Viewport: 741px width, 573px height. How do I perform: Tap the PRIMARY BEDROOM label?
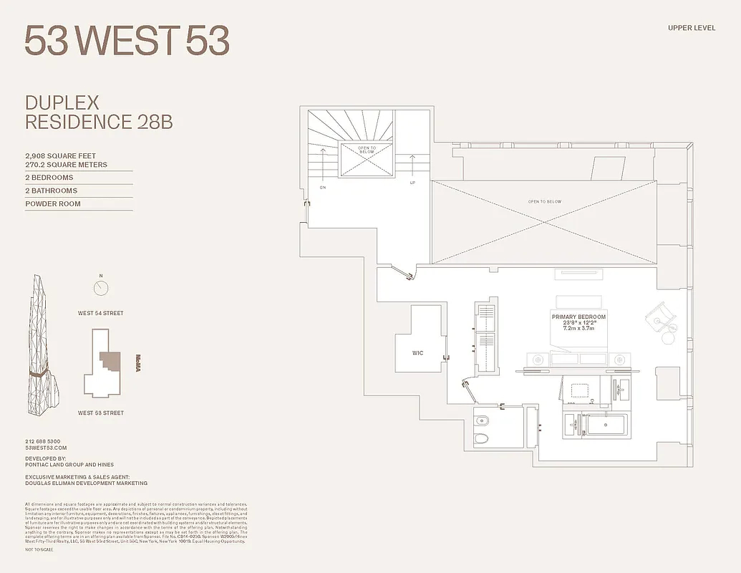point(578,317)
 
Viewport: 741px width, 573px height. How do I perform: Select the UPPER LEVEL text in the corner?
point(692,28)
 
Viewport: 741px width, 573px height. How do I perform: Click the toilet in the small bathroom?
point(483,437)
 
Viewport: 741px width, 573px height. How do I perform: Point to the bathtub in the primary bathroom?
point(605,425)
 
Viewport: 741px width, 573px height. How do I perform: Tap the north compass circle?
point(101,288)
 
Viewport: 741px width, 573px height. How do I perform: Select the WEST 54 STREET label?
point(101,313)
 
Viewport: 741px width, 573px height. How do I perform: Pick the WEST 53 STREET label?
point(101,413)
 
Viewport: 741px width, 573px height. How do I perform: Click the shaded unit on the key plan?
point(110,360)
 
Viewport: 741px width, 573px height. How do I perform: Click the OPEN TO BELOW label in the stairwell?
point(367,150)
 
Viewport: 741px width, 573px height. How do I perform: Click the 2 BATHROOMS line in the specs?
point(52,191)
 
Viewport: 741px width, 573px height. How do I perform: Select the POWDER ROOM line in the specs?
point(53,204)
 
